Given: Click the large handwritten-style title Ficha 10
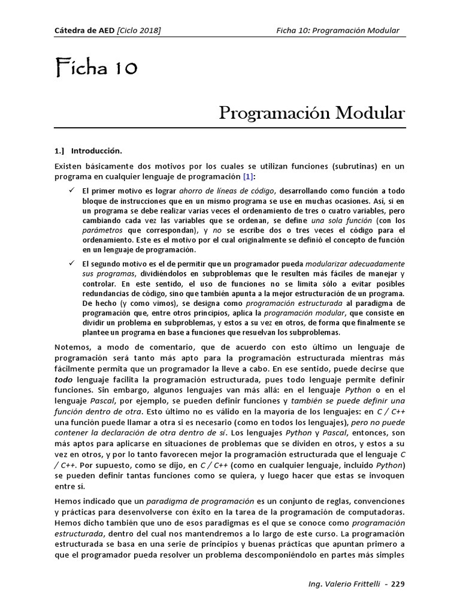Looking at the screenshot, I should (96, 69).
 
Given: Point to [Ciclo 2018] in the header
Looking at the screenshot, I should (139, 31).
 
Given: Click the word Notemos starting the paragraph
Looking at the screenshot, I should (74, 348).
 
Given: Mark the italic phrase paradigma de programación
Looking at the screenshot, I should (193, 501).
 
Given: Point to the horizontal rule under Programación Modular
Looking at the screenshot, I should (230, 128).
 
